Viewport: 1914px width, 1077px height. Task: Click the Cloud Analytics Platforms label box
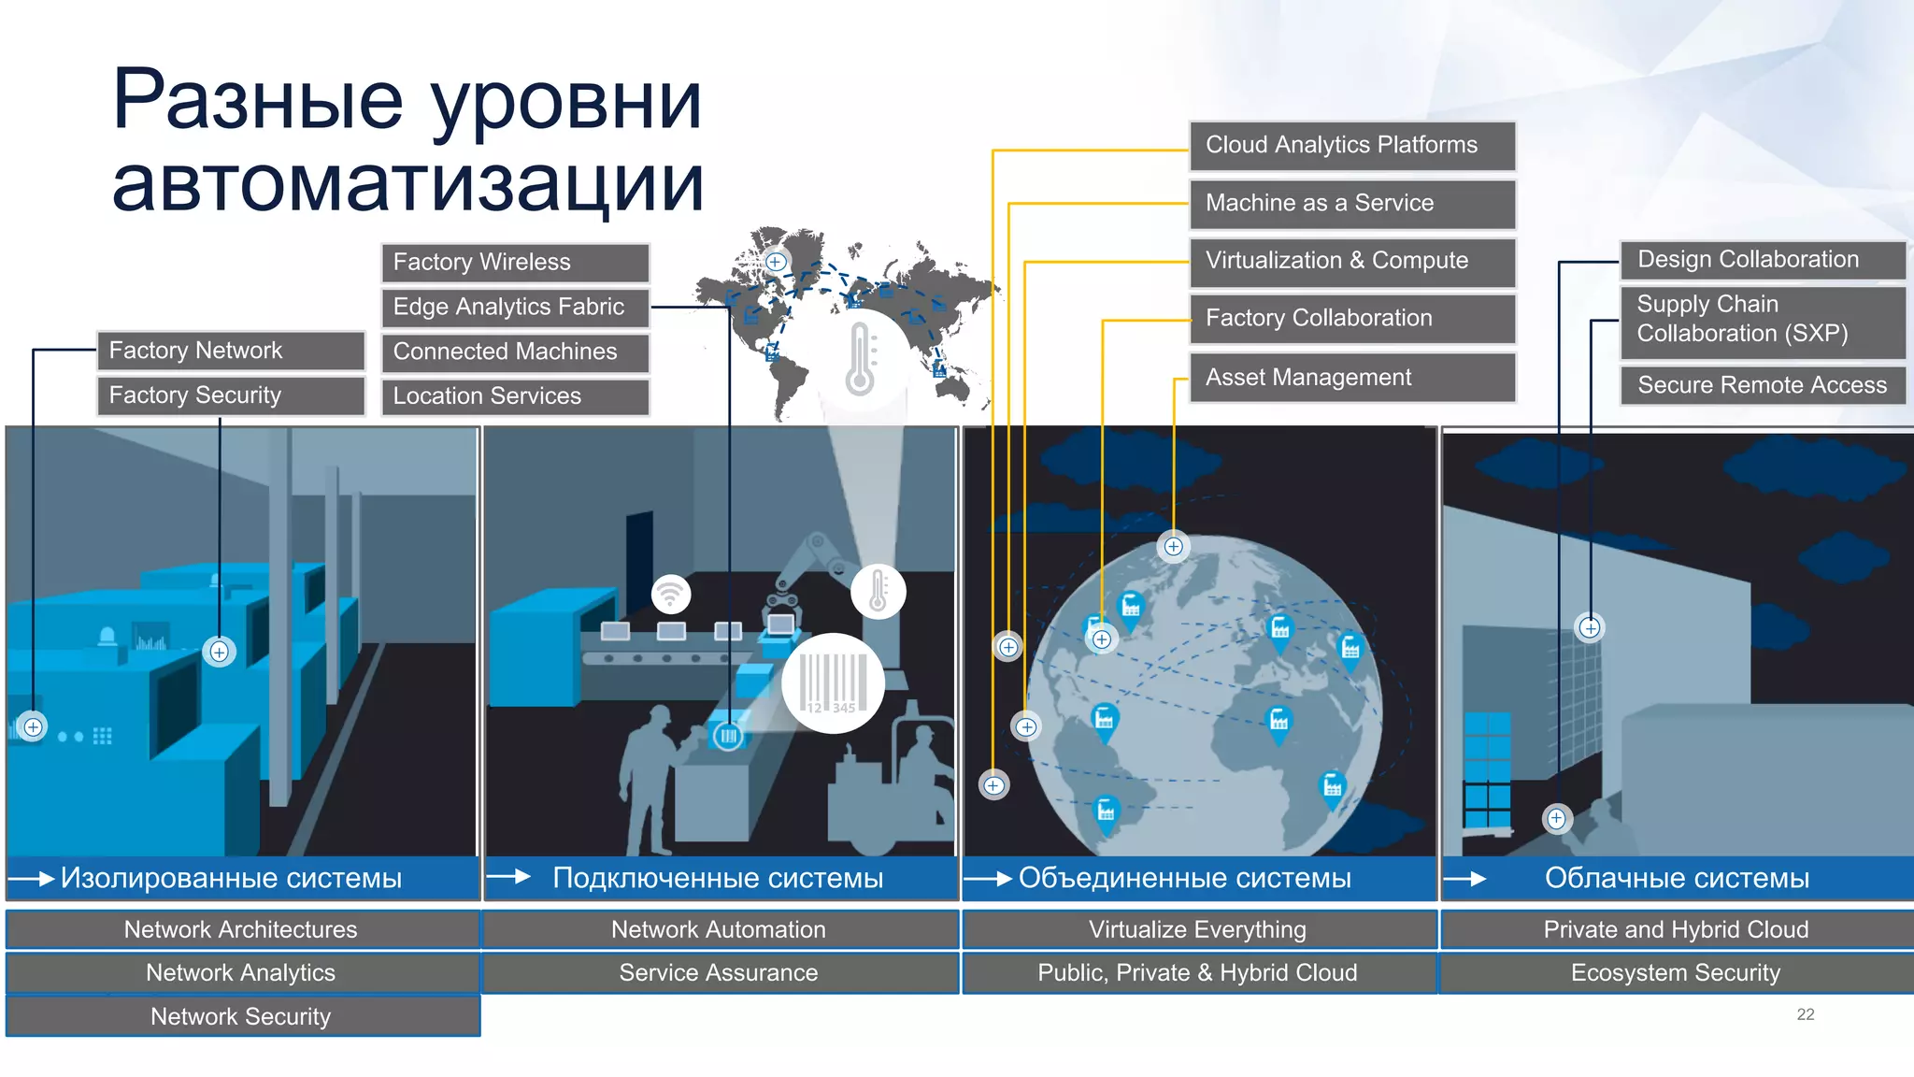click(1351, 146)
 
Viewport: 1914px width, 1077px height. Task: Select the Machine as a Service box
click(1351, 204)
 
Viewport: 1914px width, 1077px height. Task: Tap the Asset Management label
click(1351, 378)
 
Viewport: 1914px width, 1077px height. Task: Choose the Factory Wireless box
click(515, 263)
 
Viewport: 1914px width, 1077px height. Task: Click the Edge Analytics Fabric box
click(515, 308)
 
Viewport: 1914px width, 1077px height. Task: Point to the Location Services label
click(515, 396)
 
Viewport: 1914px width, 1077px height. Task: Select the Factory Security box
click(231, 395)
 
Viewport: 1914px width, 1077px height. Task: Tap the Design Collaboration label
click(1762, 260)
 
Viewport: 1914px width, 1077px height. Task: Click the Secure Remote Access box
click(1762, 385)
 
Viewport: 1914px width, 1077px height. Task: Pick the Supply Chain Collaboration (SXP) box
click(1762, 320)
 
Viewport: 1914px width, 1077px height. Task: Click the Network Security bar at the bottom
click(242, 1016)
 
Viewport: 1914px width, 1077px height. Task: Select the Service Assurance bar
click(719, 973)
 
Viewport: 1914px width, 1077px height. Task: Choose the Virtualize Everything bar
click(1198, 930)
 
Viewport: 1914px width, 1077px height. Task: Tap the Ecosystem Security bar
click(1676, 973)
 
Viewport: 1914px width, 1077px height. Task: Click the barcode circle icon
click(834, 682)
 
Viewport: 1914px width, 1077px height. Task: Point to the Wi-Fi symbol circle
click(670, 593)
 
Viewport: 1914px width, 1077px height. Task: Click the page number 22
click(1805, 1014)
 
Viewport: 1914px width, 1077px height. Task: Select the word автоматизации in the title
click(407, 184)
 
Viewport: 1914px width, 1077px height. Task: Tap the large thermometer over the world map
click(860, 358)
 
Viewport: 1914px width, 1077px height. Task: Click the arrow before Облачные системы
click(1465, 879)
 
